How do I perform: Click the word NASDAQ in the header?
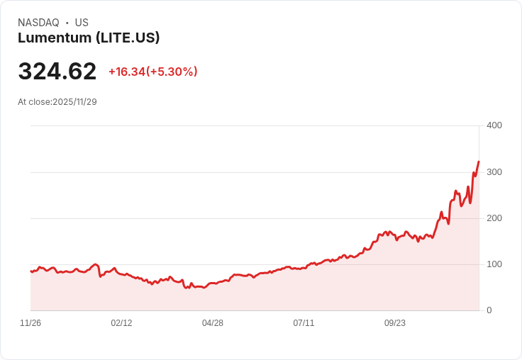pyautogui.click(x=38, y=23)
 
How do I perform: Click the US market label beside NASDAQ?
pyautogui.click(x=82, y=23)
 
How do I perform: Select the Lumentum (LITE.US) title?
pyautogui.click(x=89, y=38)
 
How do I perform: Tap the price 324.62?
pyautogui.click(x=57, y=72)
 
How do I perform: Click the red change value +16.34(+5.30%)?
pyautogui.click(x=152, y=72)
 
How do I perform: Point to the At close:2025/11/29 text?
pyautogui.click(x=57, y=102)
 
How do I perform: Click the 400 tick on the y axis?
pyautogui.click(x=494, y=125)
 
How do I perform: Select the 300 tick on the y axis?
pyautogui.click(x=494, y=172)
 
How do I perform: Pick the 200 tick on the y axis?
pyautogui.click(x=494, y=218)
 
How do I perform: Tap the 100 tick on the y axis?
pyautogui.click(x=494, y=264)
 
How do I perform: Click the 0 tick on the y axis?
pyautogui.click(x=489, y=310)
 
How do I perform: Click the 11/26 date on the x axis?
pyautogui.click(x=30, y=323)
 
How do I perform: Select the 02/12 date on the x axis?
pyautogui.click(x=121, y=323)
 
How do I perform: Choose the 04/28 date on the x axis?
pyautogui.click(x=213, y=323)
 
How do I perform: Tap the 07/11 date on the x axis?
pyautogui.click(x=304, y=323)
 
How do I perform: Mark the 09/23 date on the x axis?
pyautogui.click(x=395, y=323)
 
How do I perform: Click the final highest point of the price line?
pyautogui.click(x=479, y=162)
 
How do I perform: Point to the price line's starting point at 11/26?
pyautogui.click(x=31, y=271)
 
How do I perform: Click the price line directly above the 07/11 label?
pyautogui.click(x=304, y=268)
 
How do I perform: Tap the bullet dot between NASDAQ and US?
pyautogui.click(x=67, y=23)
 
